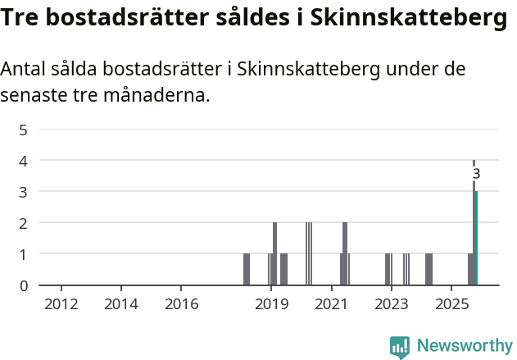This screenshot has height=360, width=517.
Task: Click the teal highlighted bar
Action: [476, 238]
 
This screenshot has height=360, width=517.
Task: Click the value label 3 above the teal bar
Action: [476, 174]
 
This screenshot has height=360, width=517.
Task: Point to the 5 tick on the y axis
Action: [24, 130]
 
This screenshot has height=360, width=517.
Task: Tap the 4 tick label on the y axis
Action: [24, 161]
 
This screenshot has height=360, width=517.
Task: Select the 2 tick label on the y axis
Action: [24, 223]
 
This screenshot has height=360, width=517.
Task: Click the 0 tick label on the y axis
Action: [24, 285]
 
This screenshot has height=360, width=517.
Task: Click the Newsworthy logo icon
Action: [400, 347]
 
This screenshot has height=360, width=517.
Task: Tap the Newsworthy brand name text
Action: [464, 346]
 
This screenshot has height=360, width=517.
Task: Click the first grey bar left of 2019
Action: [247, 269]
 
